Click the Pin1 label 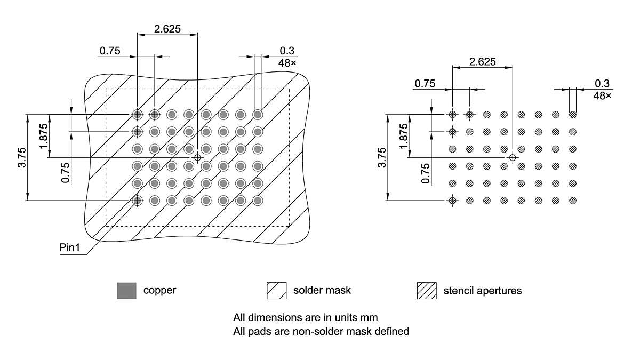point(69,248)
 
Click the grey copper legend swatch point(127,291)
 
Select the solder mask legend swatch point(277,291)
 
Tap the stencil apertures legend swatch point(426,291)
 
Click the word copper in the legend point(159,291)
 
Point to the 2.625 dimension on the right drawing point(482,61)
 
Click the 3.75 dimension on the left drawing point(21,157)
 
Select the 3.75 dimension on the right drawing point(382,157)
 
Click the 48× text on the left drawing point(287,63)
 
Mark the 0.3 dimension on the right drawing point(602,83)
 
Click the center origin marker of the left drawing point(197,157)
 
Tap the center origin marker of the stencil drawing point(513,157)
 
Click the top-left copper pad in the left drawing point(138,114)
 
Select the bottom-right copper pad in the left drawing point(258,201)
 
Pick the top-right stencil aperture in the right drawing point(573,114)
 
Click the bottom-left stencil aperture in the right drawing point(453,201)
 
